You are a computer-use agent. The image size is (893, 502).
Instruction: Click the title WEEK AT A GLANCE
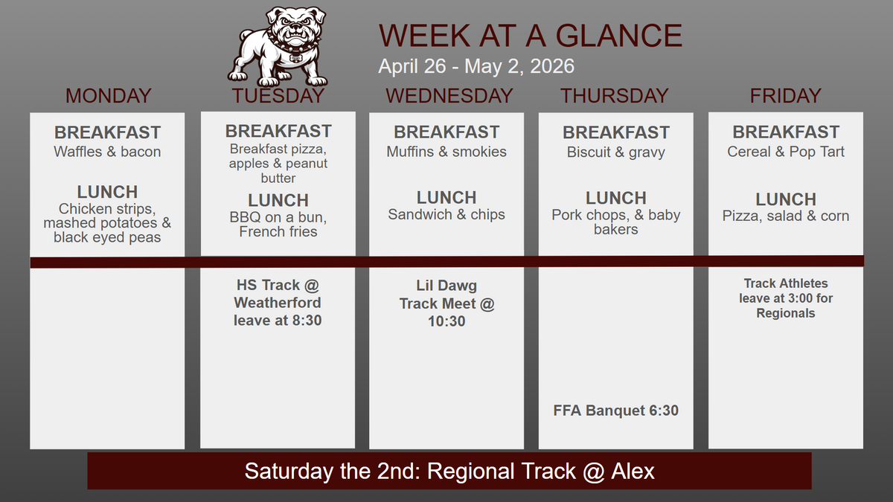530,36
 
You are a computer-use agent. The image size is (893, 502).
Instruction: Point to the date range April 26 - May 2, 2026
476,66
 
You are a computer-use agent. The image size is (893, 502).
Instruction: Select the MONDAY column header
108,96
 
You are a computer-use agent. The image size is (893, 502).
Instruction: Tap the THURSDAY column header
615,96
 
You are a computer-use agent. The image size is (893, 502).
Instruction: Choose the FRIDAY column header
785,96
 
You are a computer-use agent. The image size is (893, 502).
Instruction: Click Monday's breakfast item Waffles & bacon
107,152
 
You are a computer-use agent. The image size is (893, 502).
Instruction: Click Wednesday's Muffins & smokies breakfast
446,152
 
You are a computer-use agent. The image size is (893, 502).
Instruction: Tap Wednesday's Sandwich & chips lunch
446,214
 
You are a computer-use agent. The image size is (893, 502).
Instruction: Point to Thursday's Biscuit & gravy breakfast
615,152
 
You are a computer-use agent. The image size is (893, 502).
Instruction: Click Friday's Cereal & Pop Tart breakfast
786,152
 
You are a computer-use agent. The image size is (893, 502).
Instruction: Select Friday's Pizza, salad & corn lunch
786,216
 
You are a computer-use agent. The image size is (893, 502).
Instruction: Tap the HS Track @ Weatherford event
278,303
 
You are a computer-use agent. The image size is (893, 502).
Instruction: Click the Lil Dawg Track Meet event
446,303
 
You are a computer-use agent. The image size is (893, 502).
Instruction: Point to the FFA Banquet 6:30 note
615,411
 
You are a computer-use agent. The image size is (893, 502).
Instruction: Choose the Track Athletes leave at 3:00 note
786,298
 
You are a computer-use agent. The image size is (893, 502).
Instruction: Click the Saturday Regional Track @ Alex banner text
449,471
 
